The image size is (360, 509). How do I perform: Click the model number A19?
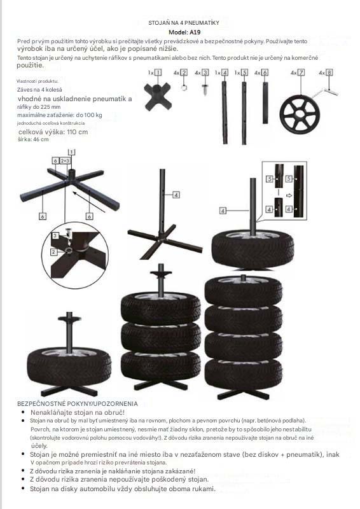pos(195,32)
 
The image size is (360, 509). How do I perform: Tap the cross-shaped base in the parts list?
pos(158,97)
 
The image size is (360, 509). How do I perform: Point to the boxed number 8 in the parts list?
pos(329,73)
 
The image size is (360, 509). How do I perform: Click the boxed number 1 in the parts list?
pos(158,73)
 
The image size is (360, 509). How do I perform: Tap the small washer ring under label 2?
pos(184,87)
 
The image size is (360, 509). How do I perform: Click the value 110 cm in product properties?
pos(77,132)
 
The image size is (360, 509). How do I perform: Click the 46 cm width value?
pos(41,139)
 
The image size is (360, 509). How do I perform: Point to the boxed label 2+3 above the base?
pos(65,161)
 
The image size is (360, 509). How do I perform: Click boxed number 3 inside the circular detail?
pos(55,235)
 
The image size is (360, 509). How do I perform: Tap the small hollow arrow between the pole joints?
pos(289,196)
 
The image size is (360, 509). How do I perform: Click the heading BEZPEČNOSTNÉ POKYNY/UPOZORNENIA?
pos(77,404)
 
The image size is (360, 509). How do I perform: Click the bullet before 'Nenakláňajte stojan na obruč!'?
pos(23,412)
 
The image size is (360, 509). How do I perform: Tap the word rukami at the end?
pos(204,489)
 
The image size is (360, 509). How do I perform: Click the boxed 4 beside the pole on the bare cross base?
pos(176,195)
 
